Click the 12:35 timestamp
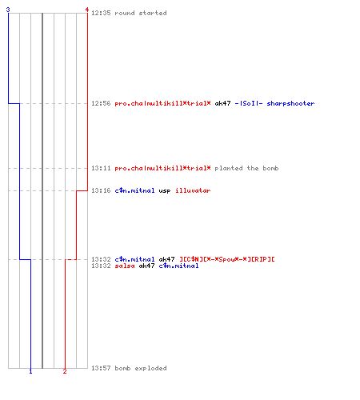(x=101, y=13)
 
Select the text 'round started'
(x=141, y=13)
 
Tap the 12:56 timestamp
(x=101, y=103)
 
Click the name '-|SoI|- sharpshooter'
(x=274, y=103)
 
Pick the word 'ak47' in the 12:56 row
(x=222, y=103)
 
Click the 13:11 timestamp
(x=101, y=168)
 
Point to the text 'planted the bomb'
(x=246, y=169)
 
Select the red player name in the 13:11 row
(x=162, y=169)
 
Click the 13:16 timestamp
(x=101, y=190)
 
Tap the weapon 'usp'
(x=165, y=191)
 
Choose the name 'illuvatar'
(x=193, y=190)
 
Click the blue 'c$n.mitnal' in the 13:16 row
(x=134, y=190)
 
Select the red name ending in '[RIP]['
(x=227, y=259)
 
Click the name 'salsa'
(x=125, y=266)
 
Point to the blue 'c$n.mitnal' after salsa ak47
(x=178, y=266)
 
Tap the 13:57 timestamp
(x=101, y=368)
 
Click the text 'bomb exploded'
(x=141, y=369)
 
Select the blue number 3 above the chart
(x=8, y=10)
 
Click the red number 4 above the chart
(x=87, y=10)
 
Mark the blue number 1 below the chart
(x=30, y=371)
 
